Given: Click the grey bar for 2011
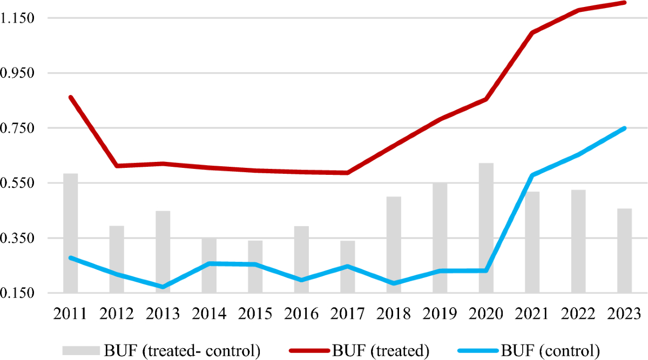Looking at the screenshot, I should [x=70, y=232].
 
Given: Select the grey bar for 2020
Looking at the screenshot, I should [x=486, y=227].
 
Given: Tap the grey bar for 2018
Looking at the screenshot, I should [x=394, y=244].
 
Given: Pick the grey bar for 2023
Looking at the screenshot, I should [x=625, y=250].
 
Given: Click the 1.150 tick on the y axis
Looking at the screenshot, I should [x=18, y=18].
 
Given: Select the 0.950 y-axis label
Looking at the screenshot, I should [x=18, y=73].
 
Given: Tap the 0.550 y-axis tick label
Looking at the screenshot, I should [x=18, y=183].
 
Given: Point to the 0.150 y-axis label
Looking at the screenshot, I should [x=18, y=293].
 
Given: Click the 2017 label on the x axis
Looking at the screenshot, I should [x=347, y=313].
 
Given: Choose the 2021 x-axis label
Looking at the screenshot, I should [x=532, y=313].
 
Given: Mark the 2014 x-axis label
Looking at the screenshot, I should [x=209, y=313].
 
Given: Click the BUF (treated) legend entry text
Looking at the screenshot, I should [x=381, y=350].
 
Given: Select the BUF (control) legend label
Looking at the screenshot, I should [x=551, y=350].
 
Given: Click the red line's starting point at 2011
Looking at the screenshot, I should [x=70, y=97].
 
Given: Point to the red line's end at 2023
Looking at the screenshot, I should [x=625, y=3].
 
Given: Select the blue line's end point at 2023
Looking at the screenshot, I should [x=625, y=128].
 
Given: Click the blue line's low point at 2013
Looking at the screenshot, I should [x=163, y=287].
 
